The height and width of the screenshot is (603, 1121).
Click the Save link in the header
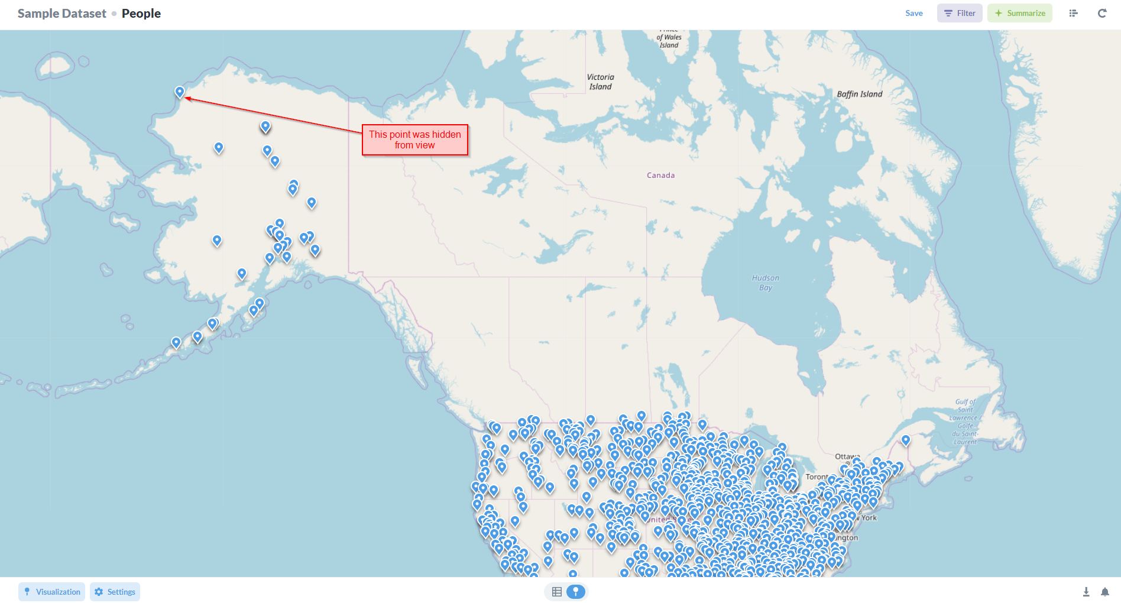(x=913, y=13)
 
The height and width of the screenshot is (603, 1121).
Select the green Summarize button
(x=1019, y=13)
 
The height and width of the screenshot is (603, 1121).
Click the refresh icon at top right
(x=1102, y=13)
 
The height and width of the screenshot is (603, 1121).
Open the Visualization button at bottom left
(x=51, y=592)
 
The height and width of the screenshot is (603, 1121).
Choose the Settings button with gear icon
(x=115, y=592)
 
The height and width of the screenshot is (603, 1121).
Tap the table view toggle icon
(x=556, y=592)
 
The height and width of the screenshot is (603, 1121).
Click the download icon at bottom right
(x=1086, y=592)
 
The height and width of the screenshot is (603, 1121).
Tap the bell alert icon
(x=1104, y=592)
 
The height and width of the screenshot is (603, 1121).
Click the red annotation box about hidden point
(x=414, y=140)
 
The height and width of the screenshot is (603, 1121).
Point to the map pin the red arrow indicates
(x=180, y=92)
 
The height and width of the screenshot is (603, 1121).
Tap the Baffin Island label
(x=859, y=94)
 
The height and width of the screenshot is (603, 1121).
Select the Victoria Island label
(x=600, y=82)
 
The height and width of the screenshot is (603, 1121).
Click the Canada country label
(x=660, y=175)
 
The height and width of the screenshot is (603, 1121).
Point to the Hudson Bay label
(x=765, y=283)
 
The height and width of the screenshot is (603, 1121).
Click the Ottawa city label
(x=847, y=456)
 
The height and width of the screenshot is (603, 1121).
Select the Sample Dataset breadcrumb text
(x=61, y=13)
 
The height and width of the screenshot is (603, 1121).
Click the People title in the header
(x=141, y=13)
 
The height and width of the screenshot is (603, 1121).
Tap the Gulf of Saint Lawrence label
(x=965, y=422)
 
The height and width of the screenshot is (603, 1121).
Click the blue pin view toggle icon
(x=575, y=592)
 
